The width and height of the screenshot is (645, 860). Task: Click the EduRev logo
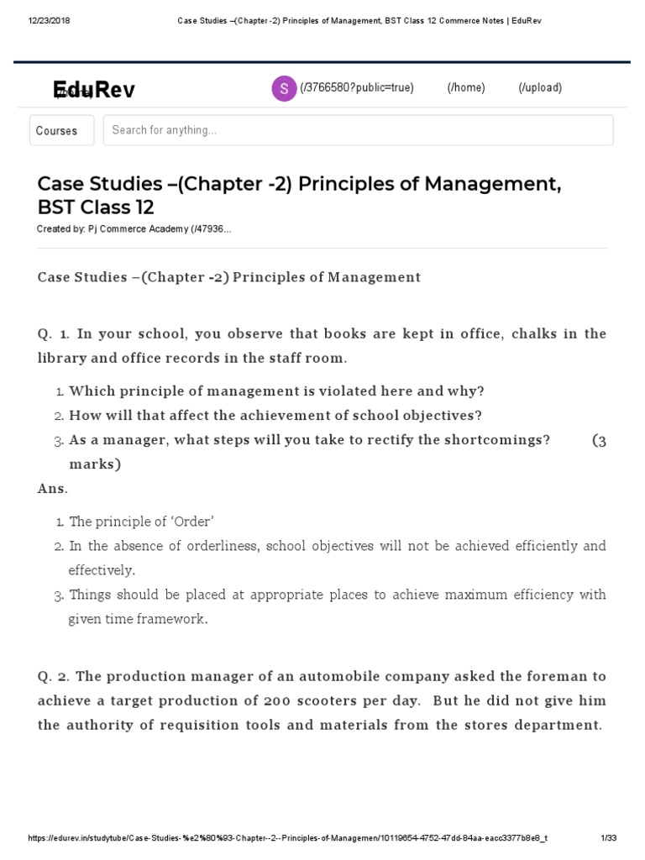point(93,90)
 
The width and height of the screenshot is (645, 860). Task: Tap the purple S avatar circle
point(284,88)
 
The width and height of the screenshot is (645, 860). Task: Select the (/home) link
point(466,88)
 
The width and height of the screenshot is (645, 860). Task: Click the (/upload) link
point(540,88)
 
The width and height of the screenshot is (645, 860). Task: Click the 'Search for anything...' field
point(358,130)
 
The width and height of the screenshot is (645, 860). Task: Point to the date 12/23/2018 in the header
point(50,21)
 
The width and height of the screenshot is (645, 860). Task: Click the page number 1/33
point(608,838)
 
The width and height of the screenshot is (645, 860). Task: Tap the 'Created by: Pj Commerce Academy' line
point(134,229)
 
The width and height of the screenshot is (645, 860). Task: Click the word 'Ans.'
point(53,488)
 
